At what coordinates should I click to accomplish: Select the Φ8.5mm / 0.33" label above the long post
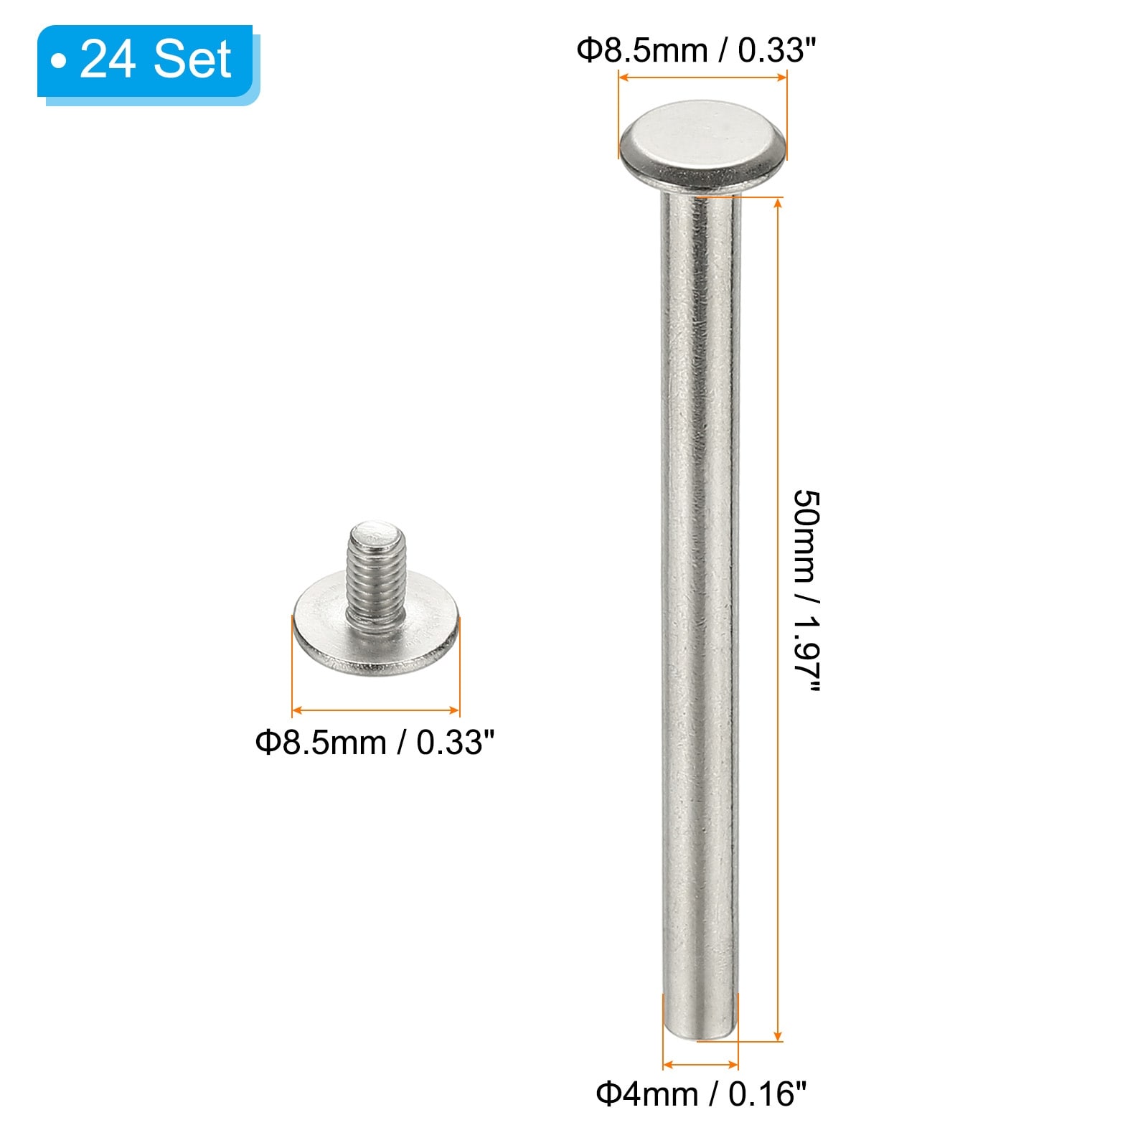click(696, 50)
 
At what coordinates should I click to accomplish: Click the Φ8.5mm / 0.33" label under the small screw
click(375, 743)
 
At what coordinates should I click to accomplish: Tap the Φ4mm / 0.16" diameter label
click(701, 1095)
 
